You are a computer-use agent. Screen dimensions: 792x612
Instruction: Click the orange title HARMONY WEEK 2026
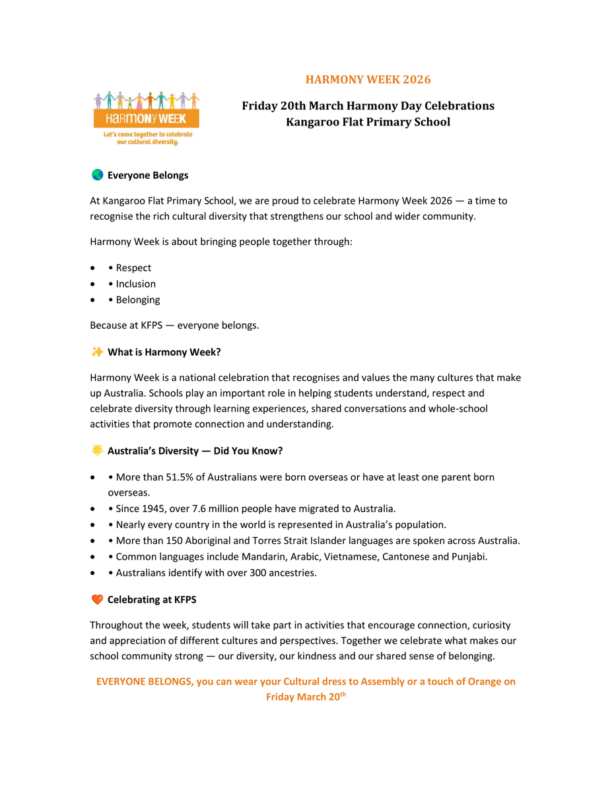click(368, 80)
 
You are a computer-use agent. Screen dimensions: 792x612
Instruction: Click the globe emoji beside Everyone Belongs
click(97, 175)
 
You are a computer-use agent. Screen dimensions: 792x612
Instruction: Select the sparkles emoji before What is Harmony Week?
click(97, 352)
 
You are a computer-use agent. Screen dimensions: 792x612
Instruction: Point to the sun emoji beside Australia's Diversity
click(97, 450)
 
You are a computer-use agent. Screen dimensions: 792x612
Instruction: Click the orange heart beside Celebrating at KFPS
click(97, 599)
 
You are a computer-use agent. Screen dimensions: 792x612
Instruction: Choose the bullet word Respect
click(133, 268)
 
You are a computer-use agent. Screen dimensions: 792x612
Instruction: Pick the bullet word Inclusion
click(136, 284)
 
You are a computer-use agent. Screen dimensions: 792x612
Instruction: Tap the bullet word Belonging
click(138, 300)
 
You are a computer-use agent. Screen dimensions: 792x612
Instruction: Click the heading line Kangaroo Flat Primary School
click(368, 122)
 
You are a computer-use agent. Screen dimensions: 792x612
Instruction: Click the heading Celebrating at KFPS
click(152, 599)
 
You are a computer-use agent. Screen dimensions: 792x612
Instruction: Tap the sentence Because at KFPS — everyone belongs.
click(174, 325)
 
